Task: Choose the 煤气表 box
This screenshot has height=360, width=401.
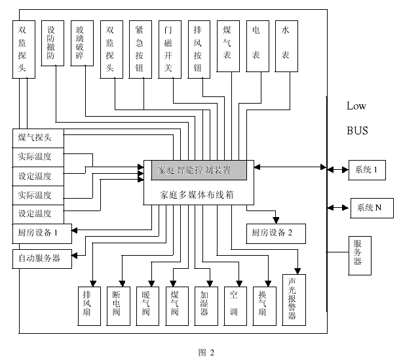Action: [x=227, y=45]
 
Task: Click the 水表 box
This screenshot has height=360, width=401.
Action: [x=286, y=45]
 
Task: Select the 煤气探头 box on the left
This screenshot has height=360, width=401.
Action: [x=39, y=138]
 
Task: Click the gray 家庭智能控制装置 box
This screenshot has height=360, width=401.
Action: [x=195, y=170]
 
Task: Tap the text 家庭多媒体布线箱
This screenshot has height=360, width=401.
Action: [x=197, y=194]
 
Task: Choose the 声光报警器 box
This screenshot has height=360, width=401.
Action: [x=292, y=299]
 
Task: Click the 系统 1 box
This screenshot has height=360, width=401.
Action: [x=367, y=169]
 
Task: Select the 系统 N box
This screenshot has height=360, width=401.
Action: [x=371, y=208]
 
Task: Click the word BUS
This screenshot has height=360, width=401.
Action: [x=357, y=130]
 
